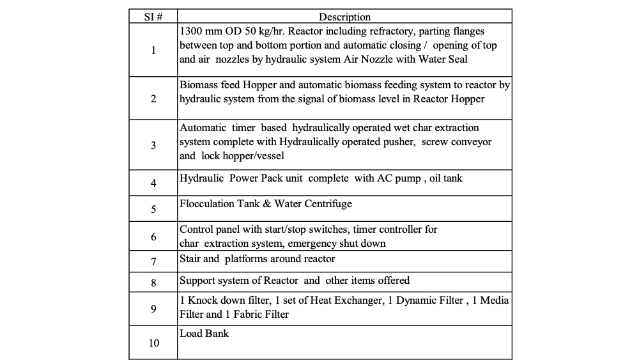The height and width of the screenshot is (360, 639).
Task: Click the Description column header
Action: click(344, 17)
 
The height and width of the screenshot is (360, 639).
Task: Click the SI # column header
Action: click(153, 17)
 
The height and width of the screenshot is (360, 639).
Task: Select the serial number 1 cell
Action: click(153, 51)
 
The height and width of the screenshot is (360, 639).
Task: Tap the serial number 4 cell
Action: click(153, 183)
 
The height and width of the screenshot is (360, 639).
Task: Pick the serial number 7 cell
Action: click(153, 262)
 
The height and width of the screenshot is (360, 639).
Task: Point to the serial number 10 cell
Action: click(153, 343)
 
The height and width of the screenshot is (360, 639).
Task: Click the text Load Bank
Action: click(204, 334)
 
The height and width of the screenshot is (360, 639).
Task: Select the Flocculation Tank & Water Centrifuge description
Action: click(265, 204)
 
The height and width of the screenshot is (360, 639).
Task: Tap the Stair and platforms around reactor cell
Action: click(257, 259)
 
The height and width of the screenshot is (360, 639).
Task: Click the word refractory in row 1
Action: click(413, 31)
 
